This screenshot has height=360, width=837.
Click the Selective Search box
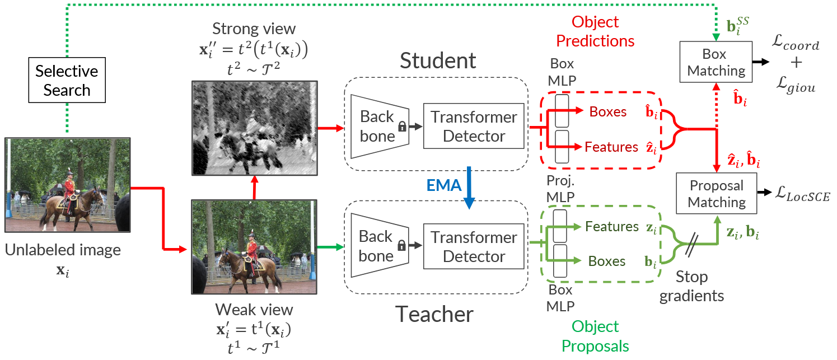pos(67,81)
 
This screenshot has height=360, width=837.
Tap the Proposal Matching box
pos(717,194)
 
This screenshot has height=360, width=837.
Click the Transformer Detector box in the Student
pos(474,127)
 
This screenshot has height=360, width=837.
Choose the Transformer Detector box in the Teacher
pos(474,247)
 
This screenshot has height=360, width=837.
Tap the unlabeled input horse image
pos(67,185)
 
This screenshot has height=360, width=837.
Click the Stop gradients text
pos(691,286)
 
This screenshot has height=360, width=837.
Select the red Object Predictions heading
pos(595,31)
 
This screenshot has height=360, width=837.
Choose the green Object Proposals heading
pos(595,336)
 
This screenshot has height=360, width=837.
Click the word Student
pos(437,61)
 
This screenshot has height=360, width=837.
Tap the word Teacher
pos(434,315)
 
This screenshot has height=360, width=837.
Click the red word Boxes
pos(608,112)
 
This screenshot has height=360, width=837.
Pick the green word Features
pos(612,227)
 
